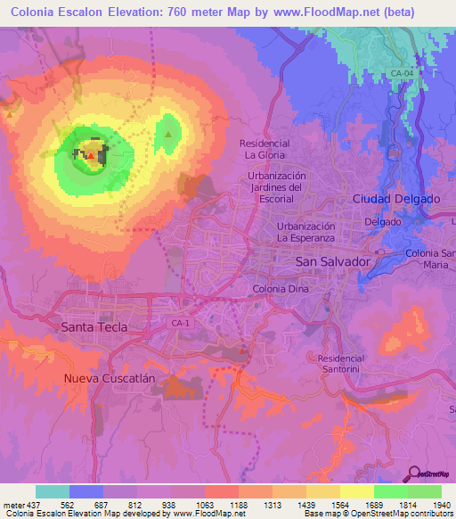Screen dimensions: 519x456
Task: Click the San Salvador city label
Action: coord(331,261)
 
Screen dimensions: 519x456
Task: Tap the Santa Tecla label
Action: coord(94,327)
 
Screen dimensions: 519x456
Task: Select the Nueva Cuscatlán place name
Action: coord(110,378)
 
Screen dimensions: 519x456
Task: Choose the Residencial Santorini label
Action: coord(343,363)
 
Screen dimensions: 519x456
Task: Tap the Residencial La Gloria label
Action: coord(265,149)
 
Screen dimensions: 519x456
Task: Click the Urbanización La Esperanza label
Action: coord(305,233)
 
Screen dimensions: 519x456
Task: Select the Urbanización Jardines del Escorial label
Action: coord(276,188)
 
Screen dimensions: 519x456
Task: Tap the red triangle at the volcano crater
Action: coord(90,155)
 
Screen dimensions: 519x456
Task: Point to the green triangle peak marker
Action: coord(167,136)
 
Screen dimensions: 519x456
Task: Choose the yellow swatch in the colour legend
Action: coord(356,491)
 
